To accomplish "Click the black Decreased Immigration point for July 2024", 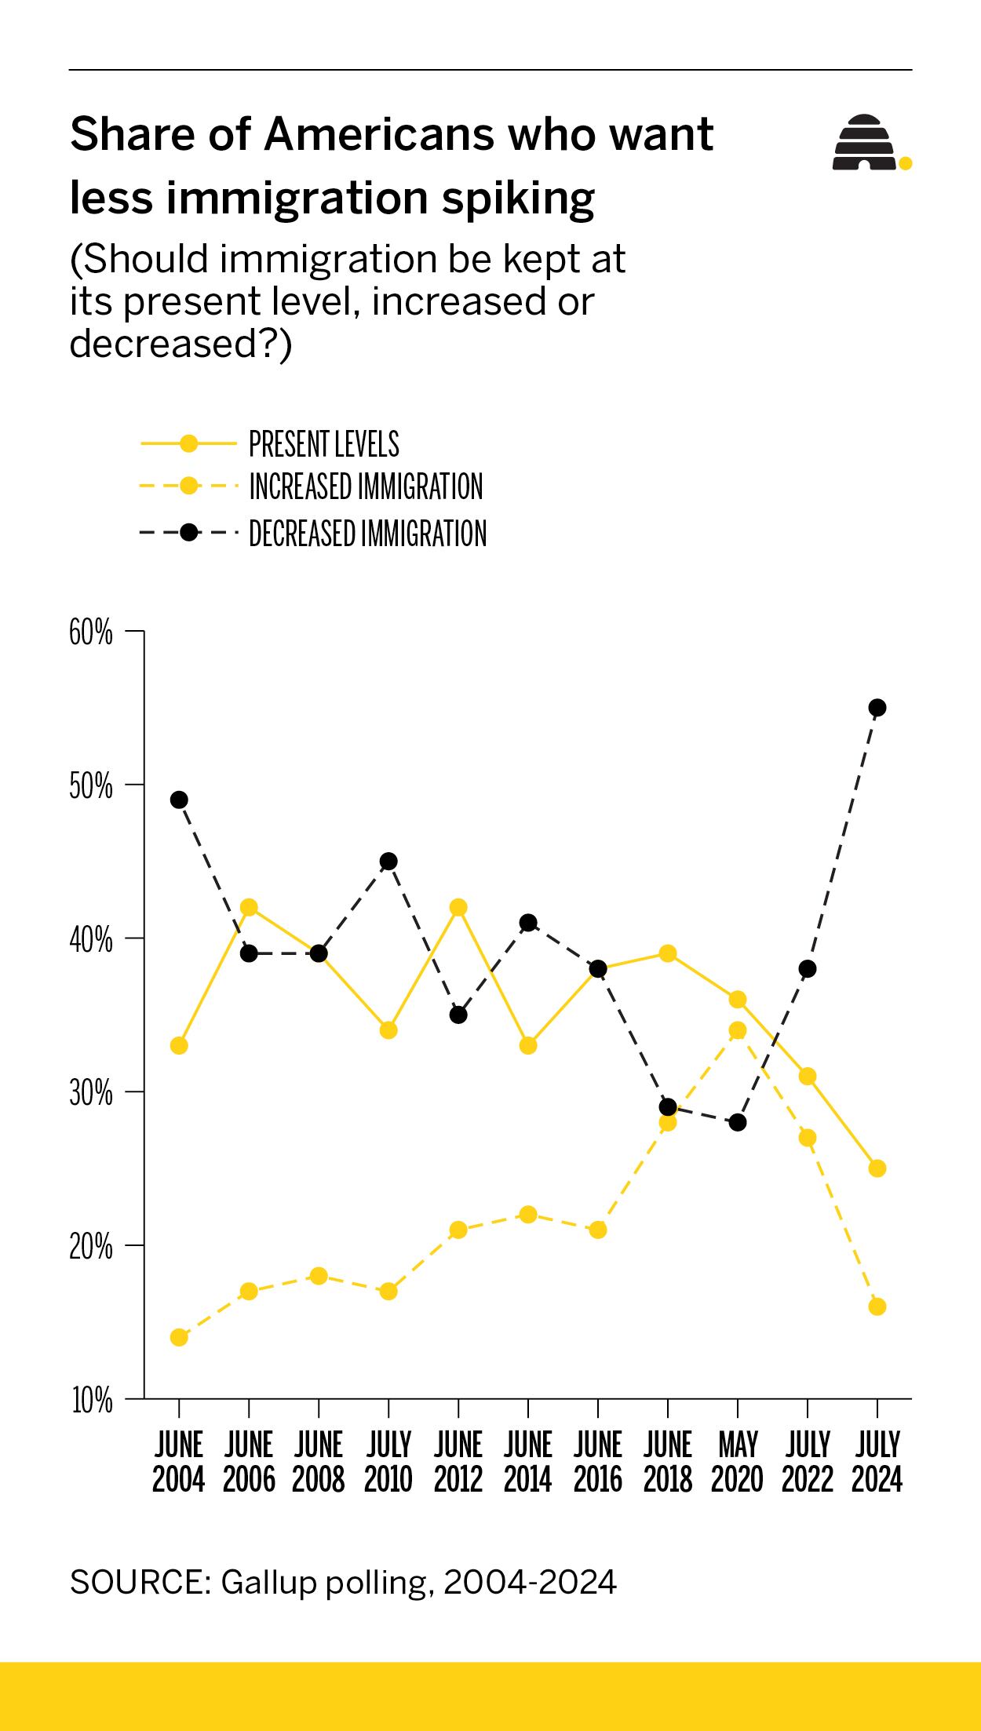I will [877, 708].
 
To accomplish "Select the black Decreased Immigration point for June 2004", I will [179, 800].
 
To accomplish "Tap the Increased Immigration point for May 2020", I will [738, 1030].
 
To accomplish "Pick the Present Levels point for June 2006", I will [249, 907].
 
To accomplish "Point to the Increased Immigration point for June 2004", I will [179, 1337].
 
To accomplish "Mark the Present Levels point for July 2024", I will [877, 1168].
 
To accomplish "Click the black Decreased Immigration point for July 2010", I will [388, 862].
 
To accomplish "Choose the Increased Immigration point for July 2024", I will [877, 1306].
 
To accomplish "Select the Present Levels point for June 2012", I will [458, 907].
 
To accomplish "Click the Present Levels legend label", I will [323, 444].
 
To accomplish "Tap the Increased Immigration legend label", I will [366, 487].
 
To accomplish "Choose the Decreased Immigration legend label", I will [367, 534].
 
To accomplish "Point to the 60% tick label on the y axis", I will [91, 632].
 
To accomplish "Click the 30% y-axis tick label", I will [91, 1093].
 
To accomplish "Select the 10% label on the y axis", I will [92, 1400].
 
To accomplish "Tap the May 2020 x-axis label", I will [737, 1461].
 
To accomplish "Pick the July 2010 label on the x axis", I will [388, 1461].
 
